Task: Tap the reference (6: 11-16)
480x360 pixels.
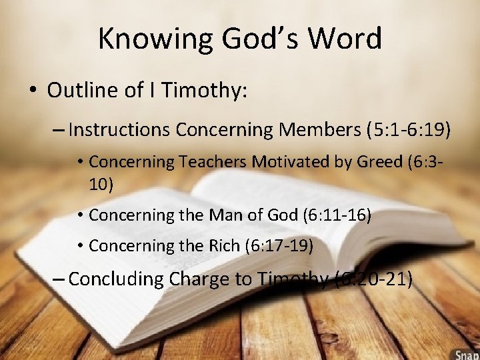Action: point(337,215)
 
